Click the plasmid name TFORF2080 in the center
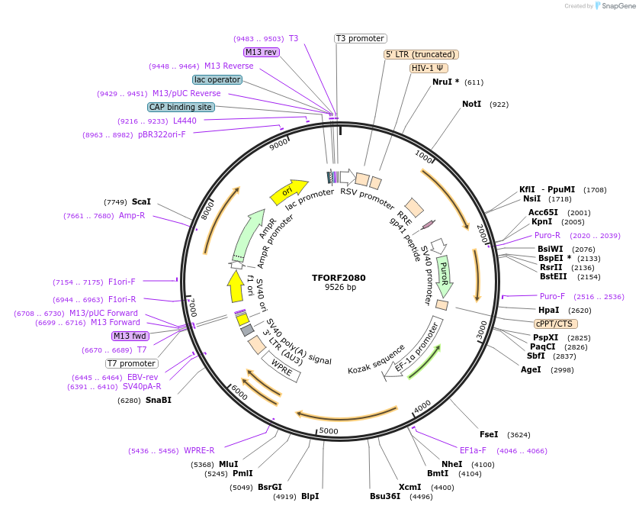click(x=339, y=278)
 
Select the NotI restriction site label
click(x=472, y=104)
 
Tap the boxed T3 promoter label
click(x=361, y=38)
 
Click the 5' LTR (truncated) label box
click(x=421, y=54)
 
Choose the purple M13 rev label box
click(x=262, y=52)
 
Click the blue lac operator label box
click(x=217, y=79)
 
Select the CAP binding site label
click(x=181, y=108)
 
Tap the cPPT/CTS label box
click(x=554, y=324)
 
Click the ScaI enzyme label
click(x=141, y=201)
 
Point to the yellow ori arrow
click(x=288, y=192)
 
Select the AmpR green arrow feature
click(x=252, y=234)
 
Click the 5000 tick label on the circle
click(x=328, y=431)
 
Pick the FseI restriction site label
click(x=489, y=434)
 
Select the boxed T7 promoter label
click(x=132, y=363)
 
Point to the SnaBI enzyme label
click(x=159, y=400)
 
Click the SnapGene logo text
click(x=618, y=6)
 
